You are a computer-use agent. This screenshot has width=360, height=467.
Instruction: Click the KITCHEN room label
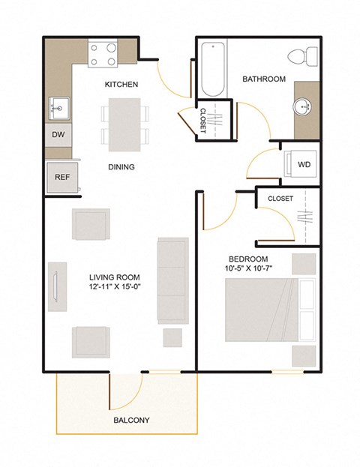[x=121, y=85]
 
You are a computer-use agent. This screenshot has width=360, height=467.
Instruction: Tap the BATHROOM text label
[x=263, y=79]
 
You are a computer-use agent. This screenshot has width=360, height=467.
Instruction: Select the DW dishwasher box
[x=58, y=136]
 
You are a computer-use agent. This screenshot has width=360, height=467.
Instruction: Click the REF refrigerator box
[x=61, y=178]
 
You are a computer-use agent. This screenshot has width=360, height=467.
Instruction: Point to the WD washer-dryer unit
[x=303, y=164]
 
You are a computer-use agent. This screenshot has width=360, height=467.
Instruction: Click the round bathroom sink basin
[x=306, y=106]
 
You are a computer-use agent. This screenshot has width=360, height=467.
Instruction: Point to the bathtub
[x=212, y=70]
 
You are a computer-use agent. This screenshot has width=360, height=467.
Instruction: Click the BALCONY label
[x=131, y=421]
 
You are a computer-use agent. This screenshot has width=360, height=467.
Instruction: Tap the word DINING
[x=121, y=167]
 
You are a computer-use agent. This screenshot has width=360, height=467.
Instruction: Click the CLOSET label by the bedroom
[x=280, y=199]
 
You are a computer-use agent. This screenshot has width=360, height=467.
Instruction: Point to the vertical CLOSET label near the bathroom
[x=202, y=119]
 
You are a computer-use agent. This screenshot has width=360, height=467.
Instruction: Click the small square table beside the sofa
[x=172, y=337]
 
